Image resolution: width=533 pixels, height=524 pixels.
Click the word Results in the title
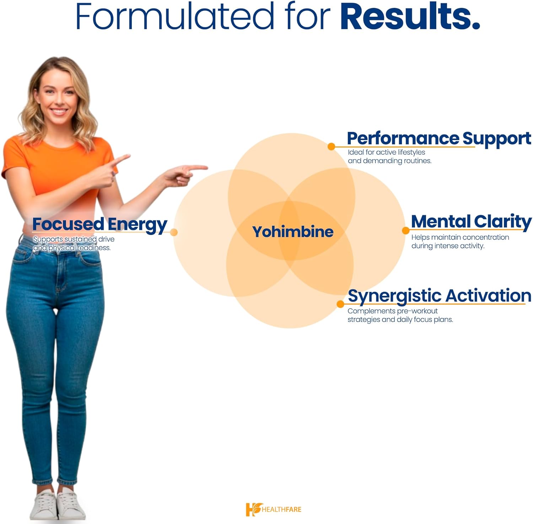[x=410, y=17]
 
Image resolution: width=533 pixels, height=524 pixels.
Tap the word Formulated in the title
[x=174, y=17]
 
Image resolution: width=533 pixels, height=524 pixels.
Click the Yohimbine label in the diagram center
[x=292, y=232]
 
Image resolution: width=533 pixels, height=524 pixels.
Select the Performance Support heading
[x=438, y=138]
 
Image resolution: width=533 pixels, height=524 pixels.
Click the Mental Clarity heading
[x=471, y=221]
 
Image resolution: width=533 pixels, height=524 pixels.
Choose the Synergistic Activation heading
[x=439, y=296]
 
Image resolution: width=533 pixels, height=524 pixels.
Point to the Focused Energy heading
[x=99, y=224]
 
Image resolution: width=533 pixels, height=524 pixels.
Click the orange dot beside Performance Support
[x=331, y=146]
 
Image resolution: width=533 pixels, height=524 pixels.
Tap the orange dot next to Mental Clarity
[x=405, y=231]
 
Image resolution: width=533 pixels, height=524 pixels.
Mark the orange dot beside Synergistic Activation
[x=340, y=304]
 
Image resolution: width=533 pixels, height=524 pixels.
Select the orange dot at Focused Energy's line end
[x=174, y=232]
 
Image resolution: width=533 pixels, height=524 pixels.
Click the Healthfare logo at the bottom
[x=273, y=509]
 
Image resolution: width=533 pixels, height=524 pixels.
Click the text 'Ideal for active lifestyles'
[x=386, y=152]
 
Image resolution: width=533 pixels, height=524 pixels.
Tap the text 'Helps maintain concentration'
[x=460, y=237]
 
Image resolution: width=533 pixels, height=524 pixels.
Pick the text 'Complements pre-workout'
[x=392, y=311]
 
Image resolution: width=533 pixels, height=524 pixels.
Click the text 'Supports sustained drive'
[x=74, y=239]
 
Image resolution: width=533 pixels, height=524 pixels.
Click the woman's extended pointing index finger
[x=197, y=167]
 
